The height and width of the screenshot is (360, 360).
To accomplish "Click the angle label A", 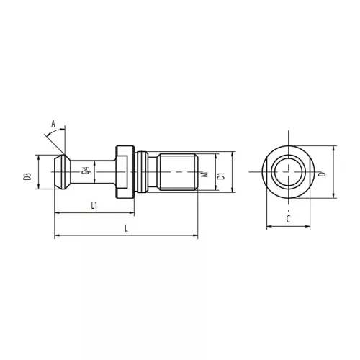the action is click(53, 124).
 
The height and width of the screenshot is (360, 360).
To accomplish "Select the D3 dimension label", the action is click(27, 176).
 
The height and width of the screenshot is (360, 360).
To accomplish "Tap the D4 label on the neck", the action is click(85, 171).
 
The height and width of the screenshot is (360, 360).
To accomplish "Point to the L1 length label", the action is click(94, 205).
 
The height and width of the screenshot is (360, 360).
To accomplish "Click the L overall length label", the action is click(126, 228).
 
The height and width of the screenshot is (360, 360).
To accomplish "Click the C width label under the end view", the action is click(289, 219).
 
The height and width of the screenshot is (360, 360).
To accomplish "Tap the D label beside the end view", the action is click(323, 174).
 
